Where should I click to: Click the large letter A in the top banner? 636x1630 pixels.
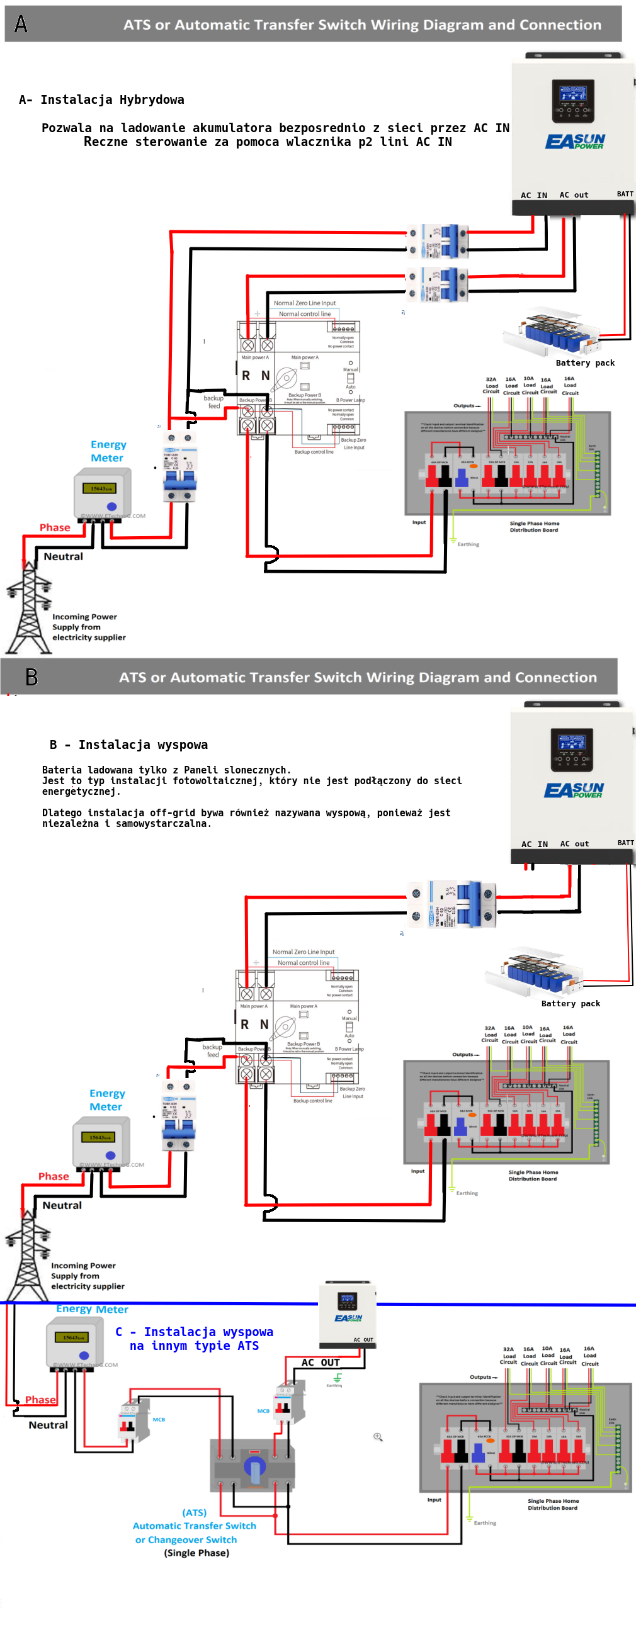coord(21,24)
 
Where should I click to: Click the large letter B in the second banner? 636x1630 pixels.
coord(31,677)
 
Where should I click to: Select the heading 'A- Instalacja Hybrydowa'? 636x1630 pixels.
coord(102,100)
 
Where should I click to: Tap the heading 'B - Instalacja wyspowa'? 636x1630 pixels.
coord(128,745)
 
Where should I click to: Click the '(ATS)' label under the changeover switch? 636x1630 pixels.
coord(195,1512)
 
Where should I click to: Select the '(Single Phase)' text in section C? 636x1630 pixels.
coord(197,1553)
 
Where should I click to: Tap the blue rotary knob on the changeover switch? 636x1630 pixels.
coord(254,1471)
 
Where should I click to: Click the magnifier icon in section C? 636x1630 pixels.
coord(378,1437)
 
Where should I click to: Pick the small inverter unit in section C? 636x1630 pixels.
coord(348,1314)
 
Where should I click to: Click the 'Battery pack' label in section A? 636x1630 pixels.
coord(585,363)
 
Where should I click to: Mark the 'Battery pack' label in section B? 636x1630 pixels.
coord(571,1004)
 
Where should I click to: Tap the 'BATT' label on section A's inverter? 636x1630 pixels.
coord(625,194)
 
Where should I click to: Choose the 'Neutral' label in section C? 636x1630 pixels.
coord(48,1425)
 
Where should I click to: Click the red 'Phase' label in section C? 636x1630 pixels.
coord(40,1400)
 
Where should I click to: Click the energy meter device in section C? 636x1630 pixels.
coord(75,1341)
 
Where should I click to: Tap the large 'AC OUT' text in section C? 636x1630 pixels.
coord(321,1363)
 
